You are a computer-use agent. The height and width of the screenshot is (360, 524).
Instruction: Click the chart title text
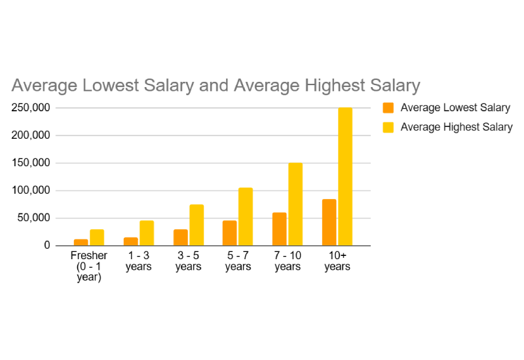click(x=215, y=86)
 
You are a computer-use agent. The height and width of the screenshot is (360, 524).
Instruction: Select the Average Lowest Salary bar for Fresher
click(x=81, y=242)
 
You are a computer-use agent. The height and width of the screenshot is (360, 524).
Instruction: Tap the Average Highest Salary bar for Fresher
click(x=97, y=238)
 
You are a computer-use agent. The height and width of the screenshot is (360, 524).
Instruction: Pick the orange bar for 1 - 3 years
click(x=130, y=242)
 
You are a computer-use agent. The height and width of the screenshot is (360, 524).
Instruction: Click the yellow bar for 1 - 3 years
click(x=147, y=233)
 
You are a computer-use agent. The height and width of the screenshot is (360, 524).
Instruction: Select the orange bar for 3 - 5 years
click(x=180, y=238)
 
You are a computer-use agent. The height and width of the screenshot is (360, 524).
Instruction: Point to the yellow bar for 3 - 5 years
click(x=196, y=225)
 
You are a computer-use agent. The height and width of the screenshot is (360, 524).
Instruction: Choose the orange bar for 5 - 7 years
click(x=230, y=233)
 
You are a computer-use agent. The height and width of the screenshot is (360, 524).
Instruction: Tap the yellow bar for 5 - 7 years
click(x=246, y=217)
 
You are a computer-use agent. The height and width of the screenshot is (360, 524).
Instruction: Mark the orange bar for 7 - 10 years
click(x=280, y=229)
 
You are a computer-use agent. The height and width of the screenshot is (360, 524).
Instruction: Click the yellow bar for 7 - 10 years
click(x=295, y=204)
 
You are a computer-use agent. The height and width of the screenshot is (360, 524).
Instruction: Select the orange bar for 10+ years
click(x=329, y=223)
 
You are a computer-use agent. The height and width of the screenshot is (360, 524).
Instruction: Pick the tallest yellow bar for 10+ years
click(x=345, y=177)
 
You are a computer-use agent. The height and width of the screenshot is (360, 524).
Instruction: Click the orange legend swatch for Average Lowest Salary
click(x=388, y=108)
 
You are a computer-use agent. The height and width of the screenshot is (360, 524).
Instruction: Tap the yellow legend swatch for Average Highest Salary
click(x=388, y=127)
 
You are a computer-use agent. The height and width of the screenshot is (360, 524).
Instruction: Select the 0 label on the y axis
click(x=47, y=245)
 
